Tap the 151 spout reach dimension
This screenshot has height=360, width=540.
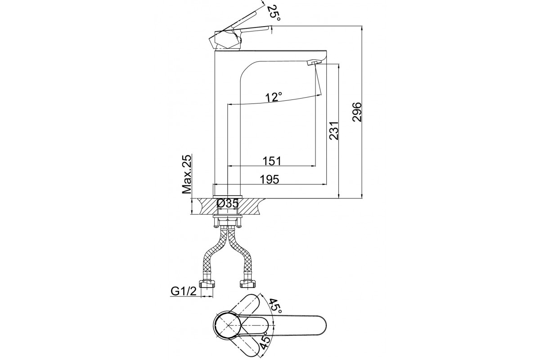[x=272, y=161]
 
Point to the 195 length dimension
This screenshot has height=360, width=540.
[x=270, y=180]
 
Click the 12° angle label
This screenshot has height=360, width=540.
[x=274, y=98]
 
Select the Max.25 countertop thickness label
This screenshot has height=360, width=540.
[x=187, y=174]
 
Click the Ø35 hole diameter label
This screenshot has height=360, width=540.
[x=228, y=204]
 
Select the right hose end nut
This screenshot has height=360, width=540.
[x=247, y=284]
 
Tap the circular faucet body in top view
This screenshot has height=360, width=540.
[x=228, y=326]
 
